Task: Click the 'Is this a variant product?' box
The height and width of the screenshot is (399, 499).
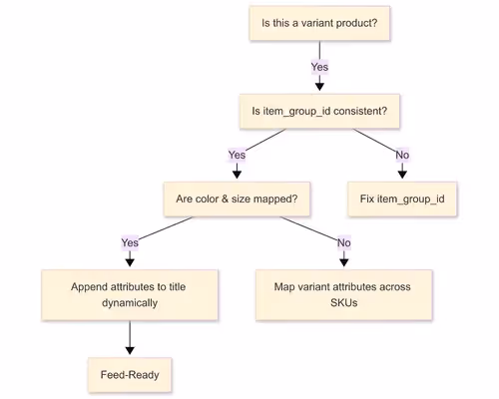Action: coord(319,23)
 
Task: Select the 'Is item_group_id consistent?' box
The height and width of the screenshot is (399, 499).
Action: coord(319,111)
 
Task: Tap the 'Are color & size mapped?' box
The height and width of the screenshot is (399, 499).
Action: coord(237,199)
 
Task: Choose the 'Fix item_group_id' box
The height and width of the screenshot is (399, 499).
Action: coord(402,199)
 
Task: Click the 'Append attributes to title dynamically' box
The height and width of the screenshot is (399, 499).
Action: coord(129,294)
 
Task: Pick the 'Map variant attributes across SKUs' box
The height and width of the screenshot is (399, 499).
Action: coord(342,294)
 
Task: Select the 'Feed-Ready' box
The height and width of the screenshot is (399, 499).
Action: coord(129,375)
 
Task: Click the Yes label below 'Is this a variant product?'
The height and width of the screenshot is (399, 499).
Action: coord(319,67)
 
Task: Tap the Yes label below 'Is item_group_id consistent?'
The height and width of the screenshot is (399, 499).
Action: coord(237,155)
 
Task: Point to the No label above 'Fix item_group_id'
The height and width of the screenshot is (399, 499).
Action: coord(402,155)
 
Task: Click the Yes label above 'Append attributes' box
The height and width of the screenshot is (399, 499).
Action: coord(129,242)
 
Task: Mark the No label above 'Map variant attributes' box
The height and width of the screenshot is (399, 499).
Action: coord(343,242)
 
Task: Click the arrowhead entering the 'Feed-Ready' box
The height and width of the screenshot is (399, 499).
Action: coord(129,350)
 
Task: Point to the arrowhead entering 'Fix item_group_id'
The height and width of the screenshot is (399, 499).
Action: coord(402,174)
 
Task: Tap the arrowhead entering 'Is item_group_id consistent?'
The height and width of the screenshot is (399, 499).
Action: coord(319,86)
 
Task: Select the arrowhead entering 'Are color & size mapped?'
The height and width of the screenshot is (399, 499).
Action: coord(237,174)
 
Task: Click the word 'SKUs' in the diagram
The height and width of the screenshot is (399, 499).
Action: coord(342,303)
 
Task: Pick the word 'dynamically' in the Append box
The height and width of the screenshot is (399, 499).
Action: coord(129,303)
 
